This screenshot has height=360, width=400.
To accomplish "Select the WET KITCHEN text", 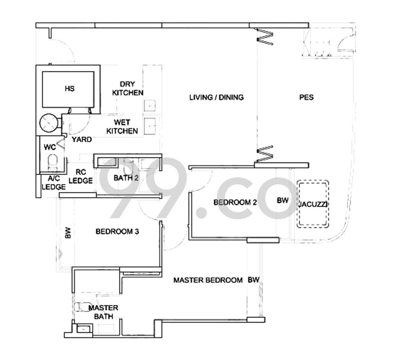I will point(125,126).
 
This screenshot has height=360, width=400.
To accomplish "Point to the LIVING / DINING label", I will point(216,97).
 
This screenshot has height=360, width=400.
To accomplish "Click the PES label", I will point(306,97).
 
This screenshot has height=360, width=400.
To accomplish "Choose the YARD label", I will point(81,139).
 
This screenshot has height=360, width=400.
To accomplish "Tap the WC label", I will point(49,147).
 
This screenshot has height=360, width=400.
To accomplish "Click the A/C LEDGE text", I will point(53,182).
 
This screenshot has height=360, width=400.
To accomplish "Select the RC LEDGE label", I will point(80,176).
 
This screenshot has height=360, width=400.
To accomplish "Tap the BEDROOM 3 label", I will point(117,231).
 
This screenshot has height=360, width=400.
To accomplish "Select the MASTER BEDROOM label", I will point(208,280).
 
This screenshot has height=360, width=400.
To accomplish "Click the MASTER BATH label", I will point(103,312).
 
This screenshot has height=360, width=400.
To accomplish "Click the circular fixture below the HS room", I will point(50,121).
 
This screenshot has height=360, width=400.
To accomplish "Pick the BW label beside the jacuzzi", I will point(282,200).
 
